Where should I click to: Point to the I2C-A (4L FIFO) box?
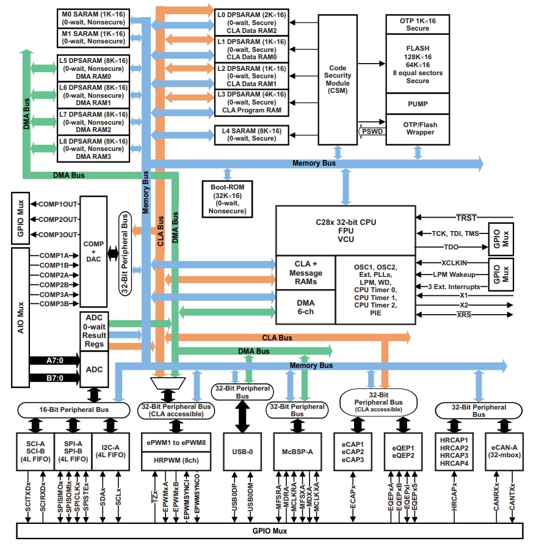(x=110, y=451)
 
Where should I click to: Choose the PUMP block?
(x=418, y=104)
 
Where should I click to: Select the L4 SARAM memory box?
(x=251, y=134)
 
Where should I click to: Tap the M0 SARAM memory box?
(x=93, y=18)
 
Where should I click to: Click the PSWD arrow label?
(x=371, y=130)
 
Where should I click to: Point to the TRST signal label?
(x=466, y=218)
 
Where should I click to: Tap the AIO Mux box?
(x=20, y=317)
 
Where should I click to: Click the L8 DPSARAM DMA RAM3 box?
(x=93, y=149)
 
